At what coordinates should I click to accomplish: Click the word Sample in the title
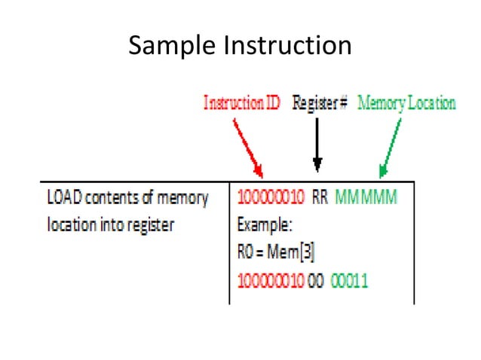coord(170,46)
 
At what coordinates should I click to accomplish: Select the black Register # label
coord(319,103)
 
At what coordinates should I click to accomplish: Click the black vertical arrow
coord(317,144)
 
